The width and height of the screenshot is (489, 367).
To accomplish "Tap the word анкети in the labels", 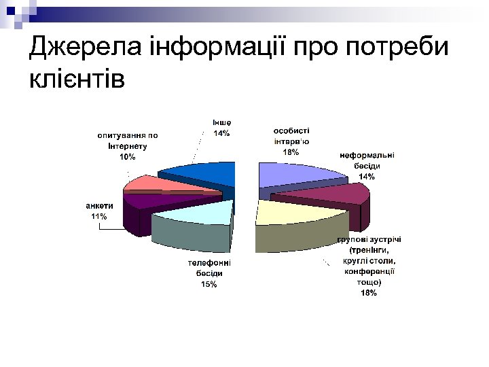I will [x=99, y=206].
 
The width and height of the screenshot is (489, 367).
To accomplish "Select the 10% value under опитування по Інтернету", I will [x=127, y=157].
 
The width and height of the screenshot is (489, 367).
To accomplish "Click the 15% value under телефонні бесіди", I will [x=209, y=284].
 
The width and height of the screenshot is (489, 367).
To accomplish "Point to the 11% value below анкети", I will [x=99, y=216].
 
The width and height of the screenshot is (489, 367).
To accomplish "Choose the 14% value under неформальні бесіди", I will [x=367, y=177].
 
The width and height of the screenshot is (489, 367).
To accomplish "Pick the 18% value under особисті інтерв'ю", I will [x=291, y=152].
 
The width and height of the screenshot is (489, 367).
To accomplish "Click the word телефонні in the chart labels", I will [x=209, y=263].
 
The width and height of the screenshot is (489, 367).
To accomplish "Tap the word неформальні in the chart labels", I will [x=367, y=156].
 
